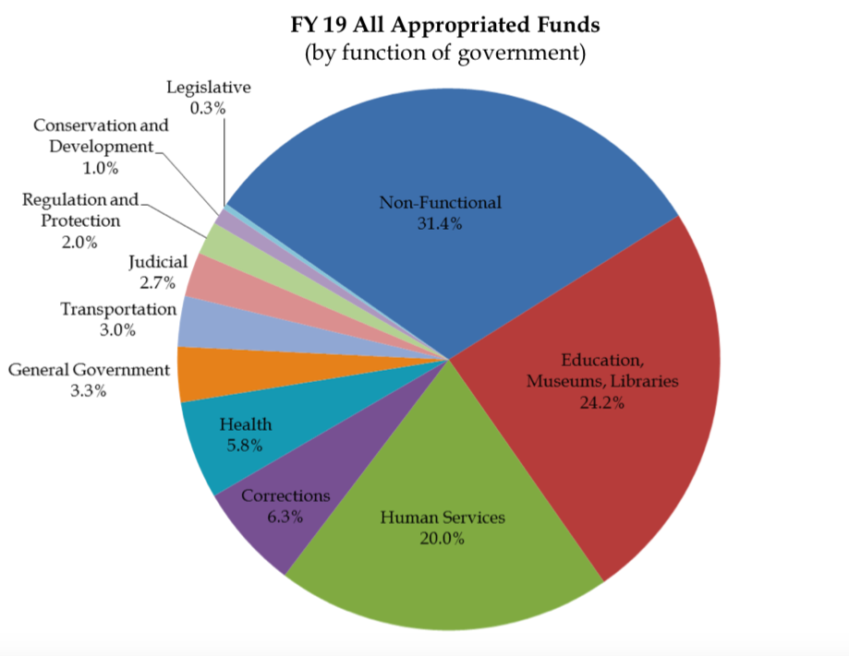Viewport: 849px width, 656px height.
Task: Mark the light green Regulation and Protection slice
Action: point(218,242)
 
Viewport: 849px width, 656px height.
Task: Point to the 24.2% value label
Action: point(602,401)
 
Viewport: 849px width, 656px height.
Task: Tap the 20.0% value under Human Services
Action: point(442,538)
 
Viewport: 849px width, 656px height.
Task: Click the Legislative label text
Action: point(209,88)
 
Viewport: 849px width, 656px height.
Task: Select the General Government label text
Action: point(89,370)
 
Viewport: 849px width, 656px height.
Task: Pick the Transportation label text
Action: point(118,309)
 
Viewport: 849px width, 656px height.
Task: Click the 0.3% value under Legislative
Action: point(209,108)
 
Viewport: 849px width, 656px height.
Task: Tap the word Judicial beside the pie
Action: point(158,263)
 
